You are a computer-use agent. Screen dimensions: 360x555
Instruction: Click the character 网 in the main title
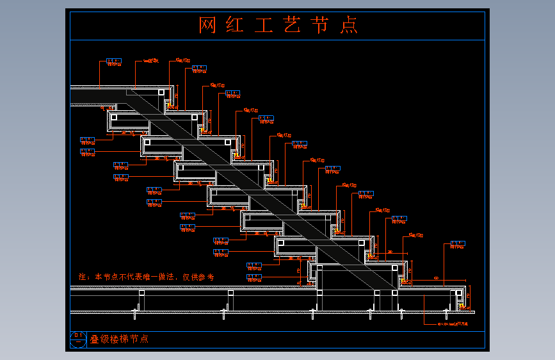point(207,25)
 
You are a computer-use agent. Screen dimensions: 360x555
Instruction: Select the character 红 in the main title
point(235,25)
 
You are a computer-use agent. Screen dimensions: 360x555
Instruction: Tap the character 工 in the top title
point(264,25)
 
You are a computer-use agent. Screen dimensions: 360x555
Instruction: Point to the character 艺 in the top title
point(292,25)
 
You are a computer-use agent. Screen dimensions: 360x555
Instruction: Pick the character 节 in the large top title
point(320,25)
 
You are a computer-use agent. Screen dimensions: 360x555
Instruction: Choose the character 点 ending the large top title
point(349,25)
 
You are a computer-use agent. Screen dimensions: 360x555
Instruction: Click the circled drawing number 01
point(78,338)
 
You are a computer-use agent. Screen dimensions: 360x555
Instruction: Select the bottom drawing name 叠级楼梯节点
point(119,339)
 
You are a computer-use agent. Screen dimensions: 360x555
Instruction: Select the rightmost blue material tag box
point(458,243)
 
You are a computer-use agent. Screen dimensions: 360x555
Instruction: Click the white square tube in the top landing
point(161,92)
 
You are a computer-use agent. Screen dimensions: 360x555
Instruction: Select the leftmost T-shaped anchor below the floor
point(135,312)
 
